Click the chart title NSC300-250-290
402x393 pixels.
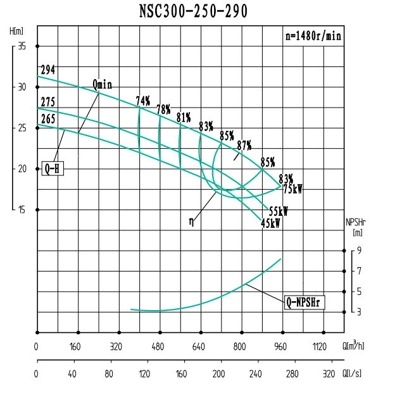194,11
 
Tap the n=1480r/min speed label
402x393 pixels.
313,36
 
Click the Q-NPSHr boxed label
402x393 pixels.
304,303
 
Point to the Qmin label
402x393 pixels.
102,84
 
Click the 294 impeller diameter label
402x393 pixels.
47,70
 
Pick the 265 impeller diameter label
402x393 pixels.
47,118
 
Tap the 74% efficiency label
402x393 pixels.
143,101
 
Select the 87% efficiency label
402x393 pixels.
244,145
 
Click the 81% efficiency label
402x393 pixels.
184,117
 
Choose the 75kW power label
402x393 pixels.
292,189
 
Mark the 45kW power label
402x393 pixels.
270,223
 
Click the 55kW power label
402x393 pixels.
279,211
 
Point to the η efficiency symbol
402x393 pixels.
191,221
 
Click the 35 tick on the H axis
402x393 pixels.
22,46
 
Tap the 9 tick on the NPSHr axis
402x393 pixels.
360,251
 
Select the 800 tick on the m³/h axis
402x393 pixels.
239,347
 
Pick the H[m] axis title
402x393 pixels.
16,30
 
